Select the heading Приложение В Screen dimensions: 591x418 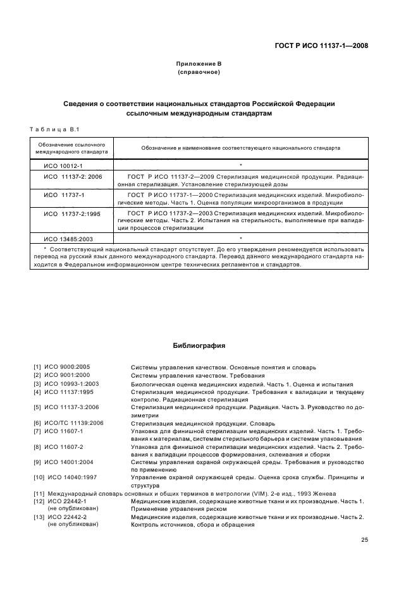click(199, 64)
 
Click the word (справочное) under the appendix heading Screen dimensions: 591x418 click(199, 73)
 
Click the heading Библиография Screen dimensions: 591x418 click(199, 346)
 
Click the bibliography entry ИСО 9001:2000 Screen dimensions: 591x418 click(66, 376)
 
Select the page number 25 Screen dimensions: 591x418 click(364, 539)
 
